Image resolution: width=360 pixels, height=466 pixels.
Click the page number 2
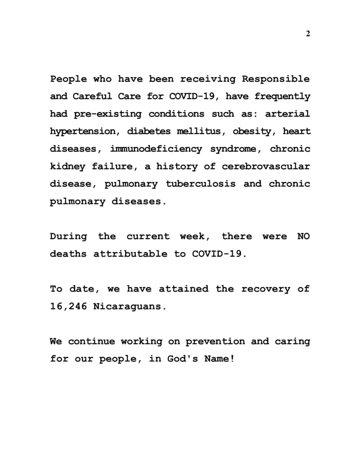[x=308, y=34]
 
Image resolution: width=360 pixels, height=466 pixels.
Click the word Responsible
[x=276, y=79]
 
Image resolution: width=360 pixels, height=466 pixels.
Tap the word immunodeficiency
[x=156, y=149]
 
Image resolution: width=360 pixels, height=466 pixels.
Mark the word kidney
[x=66, y=167]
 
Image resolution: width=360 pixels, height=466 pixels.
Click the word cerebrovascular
[x=266, y=167]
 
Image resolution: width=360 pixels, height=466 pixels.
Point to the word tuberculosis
[x=201, y=184]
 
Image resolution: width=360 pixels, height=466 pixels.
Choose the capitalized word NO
[x=303, y=236]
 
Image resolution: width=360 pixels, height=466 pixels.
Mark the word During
[x=68, y=236]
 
